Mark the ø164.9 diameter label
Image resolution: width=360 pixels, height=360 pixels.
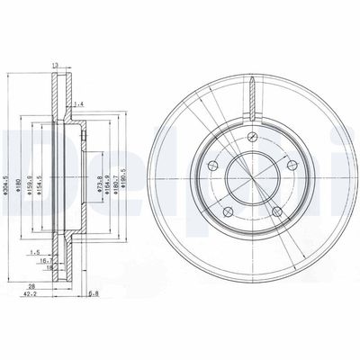[x=108, y=170]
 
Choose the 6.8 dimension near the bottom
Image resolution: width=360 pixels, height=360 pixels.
[x=93, y=292]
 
